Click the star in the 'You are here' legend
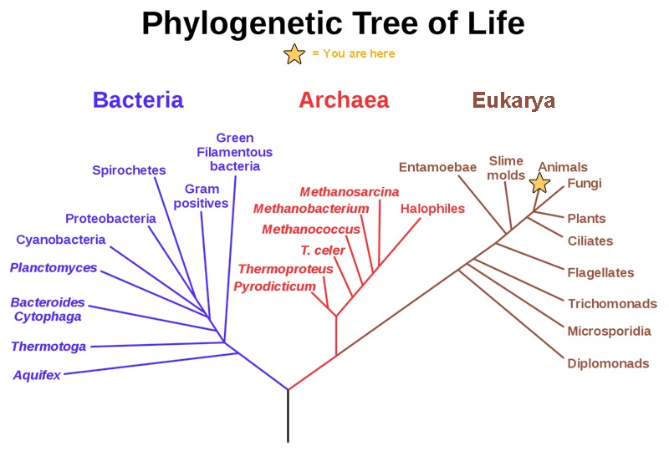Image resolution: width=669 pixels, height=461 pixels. pyautogui.click(x=294, y=54)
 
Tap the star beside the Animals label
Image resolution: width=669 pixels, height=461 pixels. pyautogui.click(x=540, y=183)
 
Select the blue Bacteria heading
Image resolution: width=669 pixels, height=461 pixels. pyautogui.click(x=138, y=100)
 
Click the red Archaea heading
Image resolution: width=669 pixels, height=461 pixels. pyautogui.click(x=344, y=100)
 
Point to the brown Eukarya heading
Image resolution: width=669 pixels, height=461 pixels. pyautogui.click(x=513, y=101)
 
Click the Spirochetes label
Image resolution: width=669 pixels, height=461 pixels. pyautogui.click(x=129, y=170)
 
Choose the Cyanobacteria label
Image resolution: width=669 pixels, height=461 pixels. pyautogui.click(x=61, y=240)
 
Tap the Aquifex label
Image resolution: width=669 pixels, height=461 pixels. pyautogui.click(x=37, y=375)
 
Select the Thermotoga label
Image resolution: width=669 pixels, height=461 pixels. pyautogui.click(x=49, y=346)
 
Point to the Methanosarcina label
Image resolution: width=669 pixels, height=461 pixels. pyautogui.click(x=350, y=192)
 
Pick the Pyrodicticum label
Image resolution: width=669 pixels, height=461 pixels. pyautogui.click(x=274, y=286)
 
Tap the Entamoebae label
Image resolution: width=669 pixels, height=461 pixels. pyautogui.click(x=437, y=166)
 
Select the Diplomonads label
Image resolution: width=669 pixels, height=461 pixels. pyautogui.click(x=608, y=363)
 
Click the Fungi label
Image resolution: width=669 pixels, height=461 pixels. pyautogui.click(x=585, y=184)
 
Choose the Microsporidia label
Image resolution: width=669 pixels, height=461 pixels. pyautogui.click(x=609, y=331)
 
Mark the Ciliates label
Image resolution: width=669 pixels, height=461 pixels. pyautogui.click(x=590, y=241)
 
